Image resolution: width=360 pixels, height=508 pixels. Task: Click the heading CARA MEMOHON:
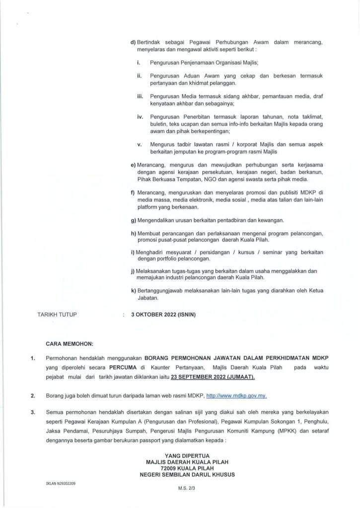click(66, 342)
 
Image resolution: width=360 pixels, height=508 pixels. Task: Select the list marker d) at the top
click(133, 43)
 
